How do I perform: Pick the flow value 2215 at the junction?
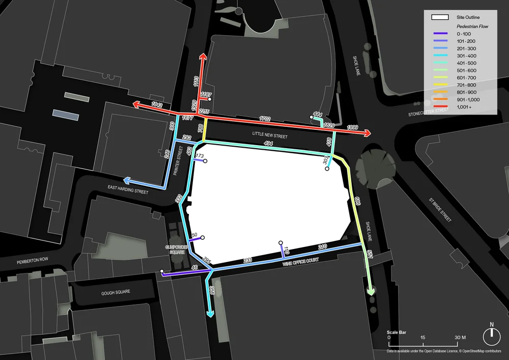204,112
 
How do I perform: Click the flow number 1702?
265,119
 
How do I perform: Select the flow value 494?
269,144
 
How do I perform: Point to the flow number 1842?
157,105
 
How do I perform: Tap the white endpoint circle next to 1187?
210,100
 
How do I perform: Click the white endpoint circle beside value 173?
205,161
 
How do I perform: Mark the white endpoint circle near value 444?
312,118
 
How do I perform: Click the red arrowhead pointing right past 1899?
367,133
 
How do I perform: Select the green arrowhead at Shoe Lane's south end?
371,292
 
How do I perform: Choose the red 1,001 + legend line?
440,107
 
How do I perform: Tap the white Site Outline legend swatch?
440,18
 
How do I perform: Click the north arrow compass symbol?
492,334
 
